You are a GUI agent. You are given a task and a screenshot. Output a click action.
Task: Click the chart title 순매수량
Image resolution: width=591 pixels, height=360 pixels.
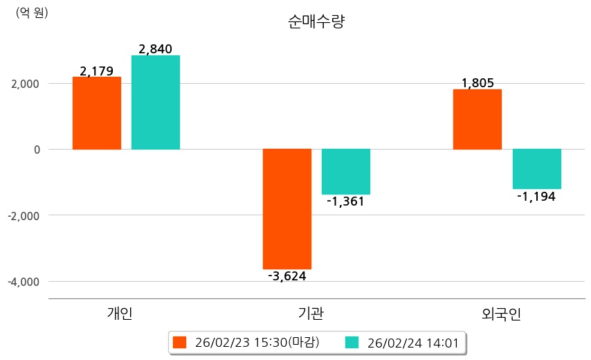point(316,22)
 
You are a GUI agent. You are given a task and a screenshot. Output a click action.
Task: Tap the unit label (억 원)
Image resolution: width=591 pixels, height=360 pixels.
point(32,12)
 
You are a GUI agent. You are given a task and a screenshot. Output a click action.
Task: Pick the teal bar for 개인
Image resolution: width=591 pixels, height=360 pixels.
point(156,102)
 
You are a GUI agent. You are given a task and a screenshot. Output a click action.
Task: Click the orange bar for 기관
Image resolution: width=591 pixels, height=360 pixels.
point(287,208)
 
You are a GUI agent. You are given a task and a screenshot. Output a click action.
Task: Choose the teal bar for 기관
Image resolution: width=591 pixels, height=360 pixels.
point(346,172)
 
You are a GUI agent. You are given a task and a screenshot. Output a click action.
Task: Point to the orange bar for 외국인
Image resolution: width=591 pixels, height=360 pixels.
point(478,119)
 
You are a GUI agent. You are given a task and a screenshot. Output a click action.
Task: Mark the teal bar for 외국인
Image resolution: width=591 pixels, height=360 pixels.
point(536,169)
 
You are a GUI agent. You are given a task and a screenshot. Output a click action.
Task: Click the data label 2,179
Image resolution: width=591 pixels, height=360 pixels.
point(97,71)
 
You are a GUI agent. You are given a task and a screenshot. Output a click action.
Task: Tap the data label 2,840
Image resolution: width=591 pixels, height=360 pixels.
point(156,49)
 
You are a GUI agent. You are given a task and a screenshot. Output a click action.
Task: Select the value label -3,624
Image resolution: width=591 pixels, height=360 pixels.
point(287,276)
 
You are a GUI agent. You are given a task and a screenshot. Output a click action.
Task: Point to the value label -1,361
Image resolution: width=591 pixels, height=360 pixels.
point(346,201)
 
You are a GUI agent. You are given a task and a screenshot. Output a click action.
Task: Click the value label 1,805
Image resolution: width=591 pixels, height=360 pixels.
point(478,83)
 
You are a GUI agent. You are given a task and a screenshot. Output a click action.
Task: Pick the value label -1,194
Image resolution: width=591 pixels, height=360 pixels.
point(536,196)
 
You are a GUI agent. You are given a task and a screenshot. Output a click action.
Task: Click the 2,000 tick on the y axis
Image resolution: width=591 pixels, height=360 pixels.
point(25,84)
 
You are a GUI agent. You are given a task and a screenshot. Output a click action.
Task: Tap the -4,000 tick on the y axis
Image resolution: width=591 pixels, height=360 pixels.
point(24,282)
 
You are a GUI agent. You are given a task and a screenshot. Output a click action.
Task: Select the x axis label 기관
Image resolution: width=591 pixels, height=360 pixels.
point(306,314)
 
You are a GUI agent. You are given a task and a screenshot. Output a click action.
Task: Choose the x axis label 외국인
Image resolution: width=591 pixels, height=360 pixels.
point(502,314)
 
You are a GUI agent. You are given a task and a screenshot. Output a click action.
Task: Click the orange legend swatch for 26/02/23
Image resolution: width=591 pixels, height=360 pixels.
point(180,342)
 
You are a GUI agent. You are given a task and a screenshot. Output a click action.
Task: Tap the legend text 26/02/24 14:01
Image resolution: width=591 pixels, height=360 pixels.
point(412,342)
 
